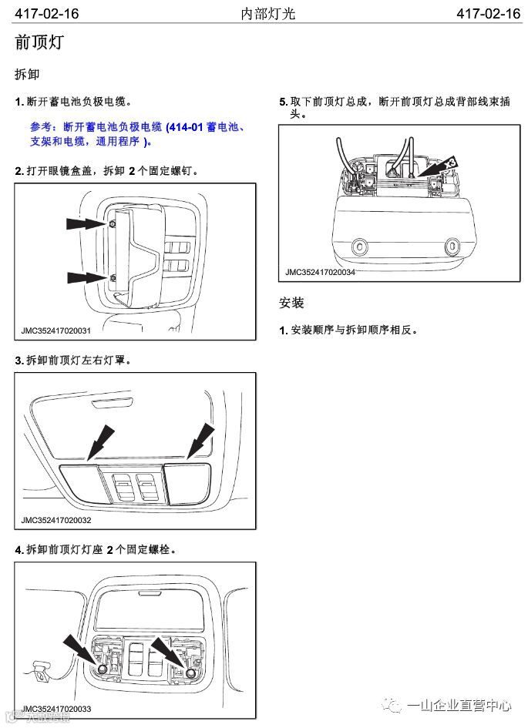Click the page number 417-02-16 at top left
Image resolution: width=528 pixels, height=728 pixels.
[47, 14]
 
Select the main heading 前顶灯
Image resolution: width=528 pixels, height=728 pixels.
[39, 43]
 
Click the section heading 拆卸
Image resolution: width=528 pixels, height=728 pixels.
[27, 75]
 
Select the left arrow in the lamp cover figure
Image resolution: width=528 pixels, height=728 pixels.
[99, 441]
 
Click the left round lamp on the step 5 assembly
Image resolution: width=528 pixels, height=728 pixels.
[358, 247]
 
